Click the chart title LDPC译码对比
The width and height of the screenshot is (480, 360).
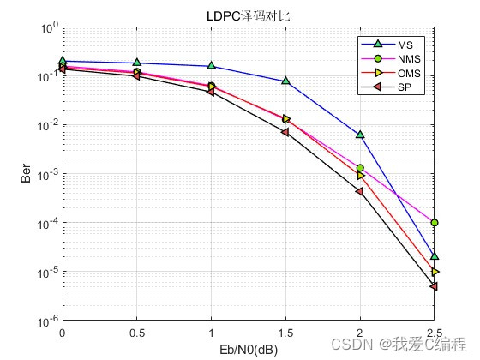(x=249, y=15)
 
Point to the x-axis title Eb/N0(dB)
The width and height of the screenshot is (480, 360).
(x=249, y=349)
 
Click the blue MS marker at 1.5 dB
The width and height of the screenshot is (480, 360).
(x=285, y=81)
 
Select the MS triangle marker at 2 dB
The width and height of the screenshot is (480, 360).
(x=360, y=135)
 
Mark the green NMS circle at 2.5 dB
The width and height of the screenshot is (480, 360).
(x=435, y=223)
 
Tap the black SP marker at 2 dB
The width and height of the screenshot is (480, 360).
(x=360, y=191)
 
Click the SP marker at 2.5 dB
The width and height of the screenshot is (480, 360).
(x=435, y=286)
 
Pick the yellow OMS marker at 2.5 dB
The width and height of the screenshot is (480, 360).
(x=435, y=272)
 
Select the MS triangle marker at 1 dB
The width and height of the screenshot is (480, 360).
(x=212, y=66)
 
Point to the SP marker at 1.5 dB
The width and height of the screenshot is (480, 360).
(x=285, y=132)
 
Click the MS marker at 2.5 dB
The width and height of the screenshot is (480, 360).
(x=435, y=255)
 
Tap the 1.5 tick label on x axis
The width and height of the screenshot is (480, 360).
(x=285, y=333)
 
